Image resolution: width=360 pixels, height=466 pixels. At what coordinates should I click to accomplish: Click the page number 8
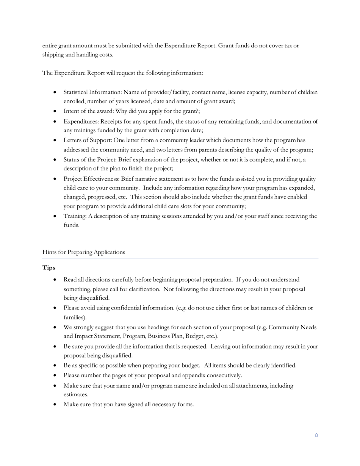click(x=316, y=435)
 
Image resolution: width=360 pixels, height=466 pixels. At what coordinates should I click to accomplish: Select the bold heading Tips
click(x=49, y=268)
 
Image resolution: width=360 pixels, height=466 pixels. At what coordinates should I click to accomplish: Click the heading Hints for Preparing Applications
click(x=83, y=252)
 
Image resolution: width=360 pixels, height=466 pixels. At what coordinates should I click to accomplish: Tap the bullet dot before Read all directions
click(x=55, y=280)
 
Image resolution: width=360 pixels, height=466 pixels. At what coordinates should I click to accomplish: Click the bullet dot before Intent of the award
click(x=55, y=111)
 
